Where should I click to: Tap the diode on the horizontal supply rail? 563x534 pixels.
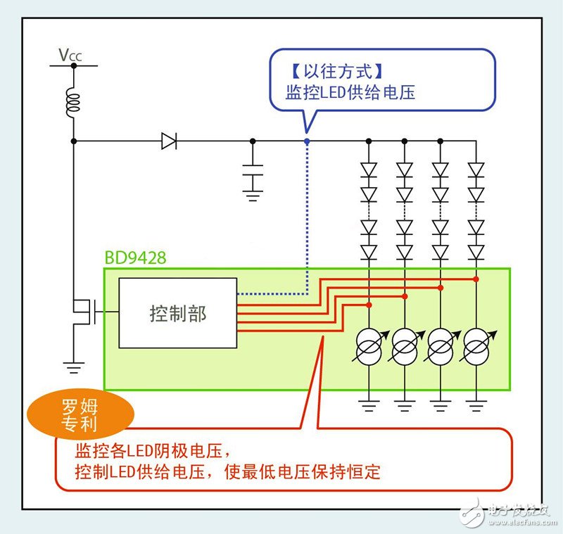click(168, 141)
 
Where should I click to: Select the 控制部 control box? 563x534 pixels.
click(177, 313)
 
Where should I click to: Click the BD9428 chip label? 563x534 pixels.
click(136, 258)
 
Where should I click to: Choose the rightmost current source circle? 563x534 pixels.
click(476, 346)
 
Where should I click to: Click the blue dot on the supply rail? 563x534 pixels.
click(307, 141)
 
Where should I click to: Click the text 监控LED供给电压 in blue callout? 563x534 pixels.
click(350, 92)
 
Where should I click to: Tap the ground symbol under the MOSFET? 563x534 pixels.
click(72, 367)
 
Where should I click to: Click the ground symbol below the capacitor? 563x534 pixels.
click(253, 195)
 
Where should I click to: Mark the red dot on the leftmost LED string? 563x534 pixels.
click(369, 305)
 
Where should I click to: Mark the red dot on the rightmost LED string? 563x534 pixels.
click(476, 279)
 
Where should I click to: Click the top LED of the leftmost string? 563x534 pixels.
click(369, 169)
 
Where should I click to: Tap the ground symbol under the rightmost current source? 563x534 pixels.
click(476, 405)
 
